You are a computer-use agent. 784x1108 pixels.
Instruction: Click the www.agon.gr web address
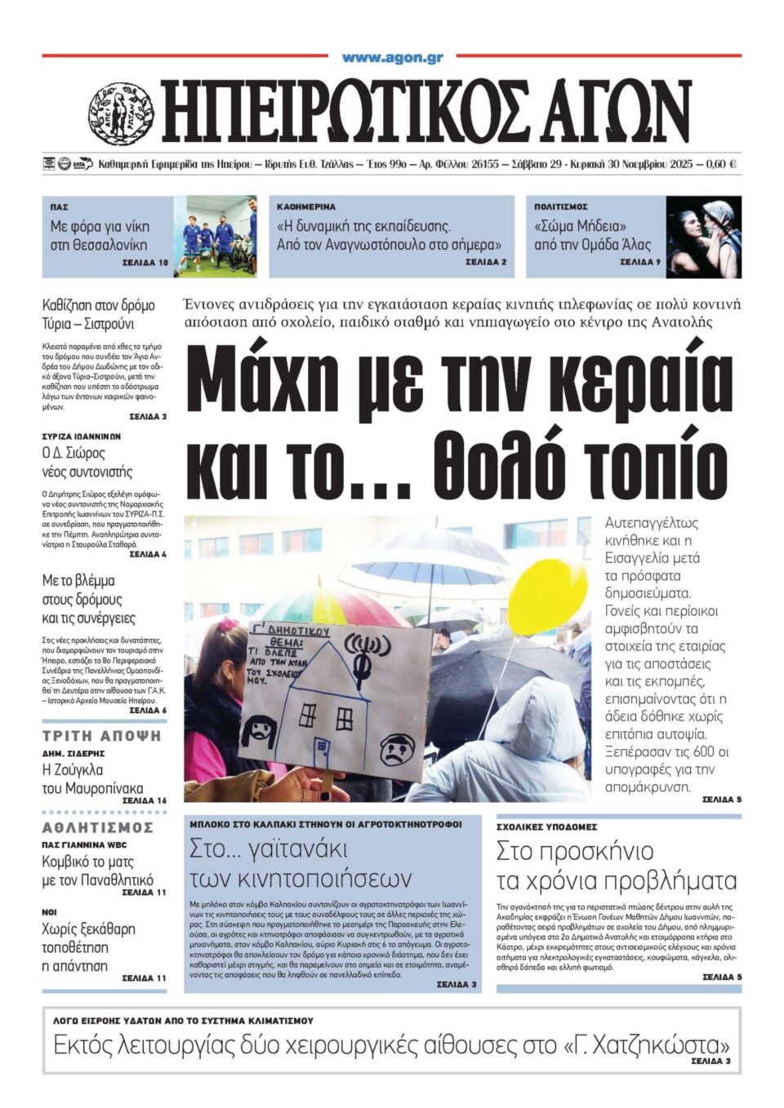pos(392,57)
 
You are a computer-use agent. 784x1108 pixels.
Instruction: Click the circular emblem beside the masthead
pos(121,113)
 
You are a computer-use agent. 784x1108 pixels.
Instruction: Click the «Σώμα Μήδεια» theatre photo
pos(703,236)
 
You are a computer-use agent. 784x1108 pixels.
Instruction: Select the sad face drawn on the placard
pos(398,747)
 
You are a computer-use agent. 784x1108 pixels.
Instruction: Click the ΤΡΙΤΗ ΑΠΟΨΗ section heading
pos(102,736)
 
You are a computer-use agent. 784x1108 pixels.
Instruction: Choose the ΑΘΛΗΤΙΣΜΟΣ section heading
pos(98,827)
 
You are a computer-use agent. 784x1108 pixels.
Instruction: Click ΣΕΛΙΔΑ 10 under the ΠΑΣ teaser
pos(145,263)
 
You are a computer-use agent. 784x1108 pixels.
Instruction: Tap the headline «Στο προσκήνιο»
pos(575,851)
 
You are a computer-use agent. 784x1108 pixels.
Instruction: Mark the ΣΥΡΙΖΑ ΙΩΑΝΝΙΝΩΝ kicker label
pos(82,437)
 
